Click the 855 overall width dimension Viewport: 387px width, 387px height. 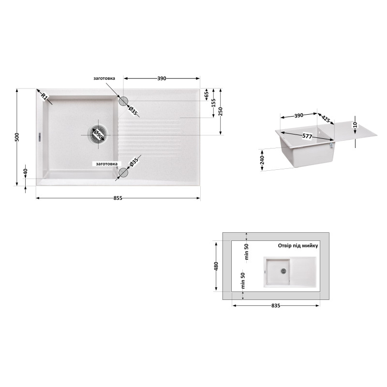tap(118, 198)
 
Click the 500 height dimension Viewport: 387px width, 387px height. tap(17, 137)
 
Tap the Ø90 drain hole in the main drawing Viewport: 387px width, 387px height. tap(99, 134)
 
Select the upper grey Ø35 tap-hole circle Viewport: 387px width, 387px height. tap(123, 101)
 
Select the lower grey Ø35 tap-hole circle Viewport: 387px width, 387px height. tap(123, 173)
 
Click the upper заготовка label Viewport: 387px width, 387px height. tap(104, 78)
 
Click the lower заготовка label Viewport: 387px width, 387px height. tap(106, 164)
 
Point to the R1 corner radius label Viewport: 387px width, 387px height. tap(44, 96)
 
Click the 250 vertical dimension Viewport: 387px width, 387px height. tap(221, 111)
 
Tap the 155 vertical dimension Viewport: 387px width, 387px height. tap(214, 103)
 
